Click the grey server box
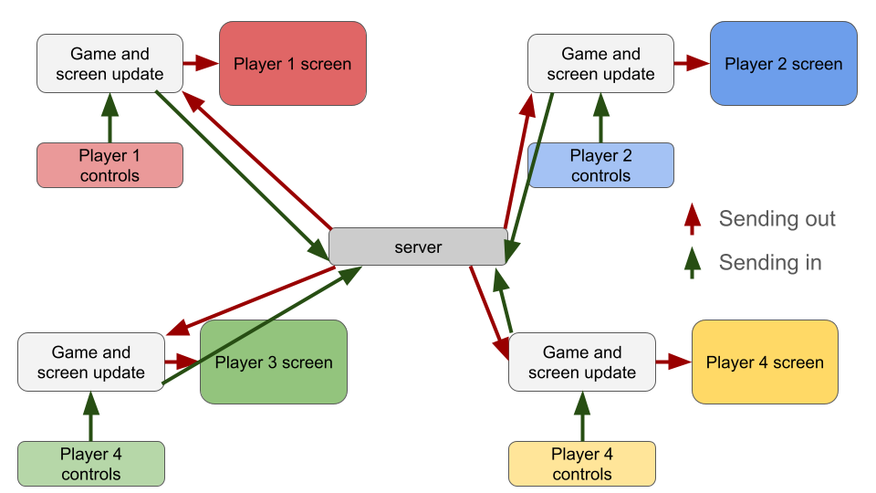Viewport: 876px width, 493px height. [x=418, y=246]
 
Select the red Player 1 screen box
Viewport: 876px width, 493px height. [x=292, y=64]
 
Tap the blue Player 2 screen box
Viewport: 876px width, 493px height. [x=783, y=64]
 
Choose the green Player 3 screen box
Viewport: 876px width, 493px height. [x=274, y=362]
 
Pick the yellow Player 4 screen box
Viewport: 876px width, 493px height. [x=765, y=362]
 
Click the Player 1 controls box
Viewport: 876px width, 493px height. [x=109, y=165]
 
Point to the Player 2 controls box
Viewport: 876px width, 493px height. [x=600, y=165]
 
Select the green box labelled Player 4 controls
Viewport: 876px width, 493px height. [x=91, y=464]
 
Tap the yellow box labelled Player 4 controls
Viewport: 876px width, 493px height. [x=582, y=464]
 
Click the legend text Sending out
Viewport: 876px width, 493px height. [x=777, y=219]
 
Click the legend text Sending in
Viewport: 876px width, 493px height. [x=770, y=263]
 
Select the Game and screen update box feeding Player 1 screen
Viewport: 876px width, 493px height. [x=109, y=64]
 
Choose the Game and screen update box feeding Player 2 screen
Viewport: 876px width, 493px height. [x=600, y=64]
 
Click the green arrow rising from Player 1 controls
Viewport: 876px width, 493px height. [x=109, y=118]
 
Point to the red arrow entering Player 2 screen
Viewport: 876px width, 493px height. [x=692, y=63]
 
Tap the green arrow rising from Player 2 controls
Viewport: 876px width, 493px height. [x=600, y=118]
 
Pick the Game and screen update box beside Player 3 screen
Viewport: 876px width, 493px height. [x=91, y=362]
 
